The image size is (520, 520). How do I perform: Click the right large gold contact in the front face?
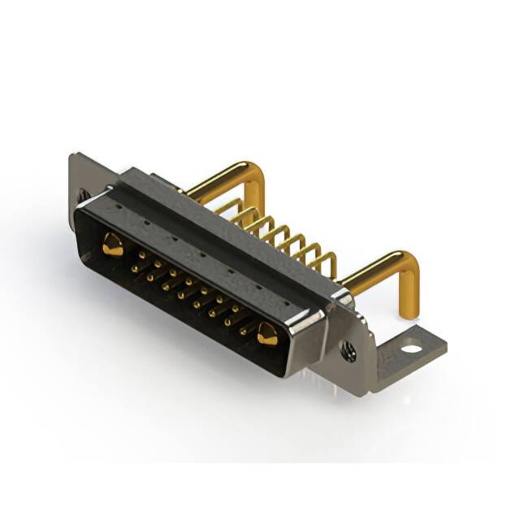point(266,332)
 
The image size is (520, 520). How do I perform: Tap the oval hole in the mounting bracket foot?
point(412,349)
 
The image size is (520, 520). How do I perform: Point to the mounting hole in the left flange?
point(84,195)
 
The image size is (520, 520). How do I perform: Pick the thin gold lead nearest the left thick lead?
point(232,203)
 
